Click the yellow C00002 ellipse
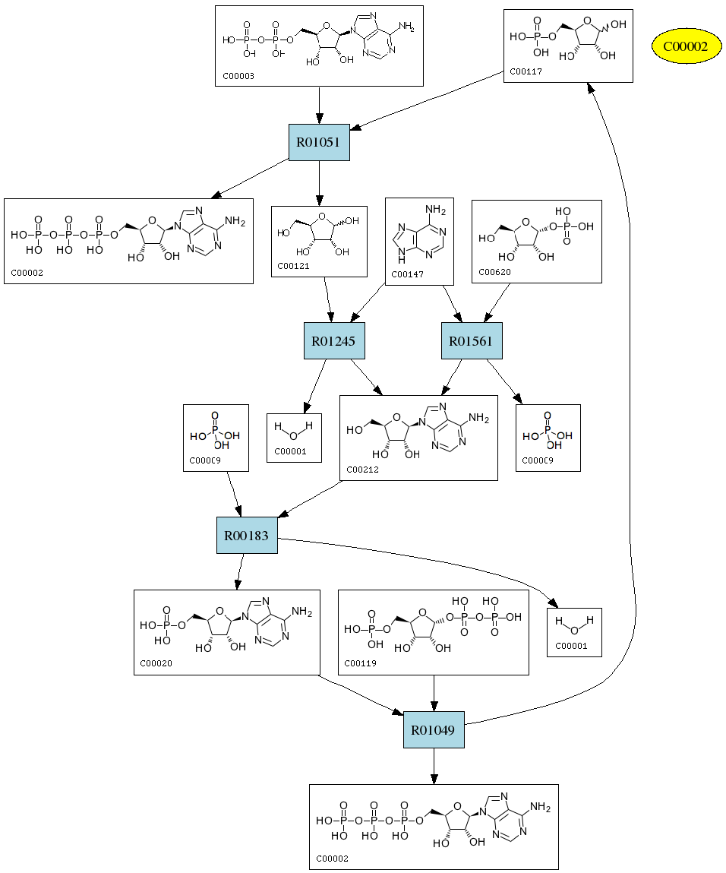[686, 46]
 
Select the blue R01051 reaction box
[319, 142]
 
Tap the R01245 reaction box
[334, 341]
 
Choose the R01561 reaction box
[472, 341]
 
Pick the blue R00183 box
[247, 535]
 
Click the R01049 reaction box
[433, 730]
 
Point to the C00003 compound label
[238, 76]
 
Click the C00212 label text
[362, 470]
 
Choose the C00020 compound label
[156, 663]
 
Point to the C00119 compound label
[361, 663]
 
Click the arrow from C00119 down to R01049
[433, 693]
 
